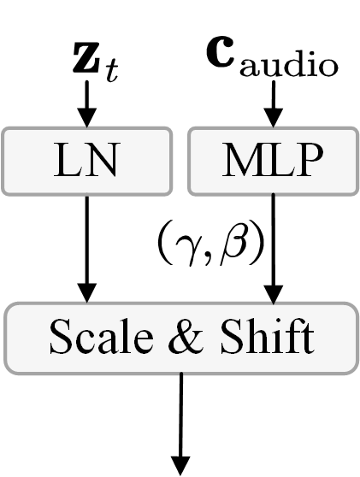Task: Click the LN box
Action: [86, 160]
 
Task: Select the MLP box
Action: [272, 160]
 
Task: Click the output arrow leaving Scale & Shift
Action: [180, 419]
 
